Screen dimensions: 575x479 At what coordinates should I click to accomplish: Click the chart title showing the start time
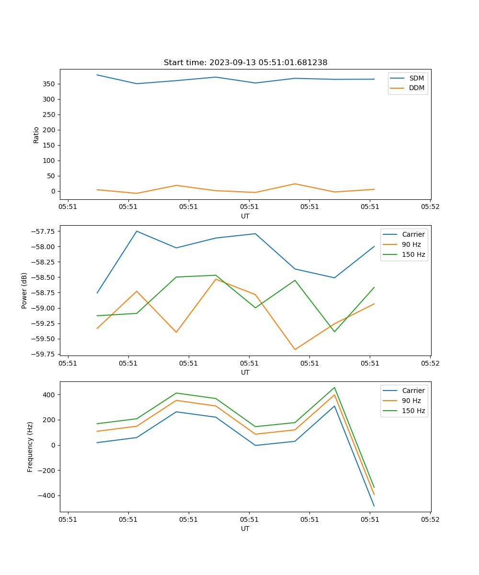[245, 63]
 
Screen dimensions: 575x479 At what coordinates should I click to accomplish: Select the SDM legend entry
[416, 78]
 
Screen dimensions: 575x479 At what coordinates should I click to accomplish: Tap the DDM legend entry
[416, 88]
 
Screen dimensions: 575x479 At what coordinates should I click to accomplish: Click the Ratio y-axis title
[36, 135]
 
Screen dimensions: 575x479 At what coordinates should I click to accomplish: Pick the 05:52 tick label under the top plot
[430, 207]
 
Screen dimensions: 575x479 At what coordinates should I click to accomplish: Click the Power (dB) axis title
[24, 290]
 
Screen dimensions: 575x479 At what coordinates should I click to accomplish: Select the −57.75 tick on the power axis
[42, 231]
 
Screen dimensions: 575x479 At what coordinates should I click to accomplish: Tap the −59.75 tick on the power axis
[42, 354]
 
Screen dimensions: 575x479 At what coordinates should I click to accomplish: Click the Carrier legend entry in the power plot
[413, 234]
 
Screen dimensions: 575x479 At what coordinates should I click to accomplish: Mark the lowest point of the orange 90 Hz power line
[295, 349]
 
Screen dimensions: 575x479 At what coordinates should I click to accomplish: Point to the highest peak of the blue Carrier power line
[137, 231]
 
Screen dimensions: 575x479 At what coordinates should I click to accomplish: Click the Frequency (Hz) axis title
[30, 447]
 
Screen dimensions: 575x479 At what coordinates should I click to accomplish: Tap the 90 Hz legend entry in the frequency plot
[411, 401]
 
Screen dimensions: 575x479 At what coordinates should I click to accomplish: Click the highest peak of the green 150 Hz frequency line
[334, 387]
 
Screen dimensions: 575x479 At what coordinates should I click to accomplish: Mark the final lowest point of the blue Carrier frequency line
[374, 506]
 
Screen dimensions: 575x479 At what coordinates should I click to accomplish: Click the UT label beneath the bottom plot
[245, 529]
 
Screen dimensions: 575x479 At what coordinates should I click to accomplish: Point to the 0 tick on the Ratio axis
[53, 191]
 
